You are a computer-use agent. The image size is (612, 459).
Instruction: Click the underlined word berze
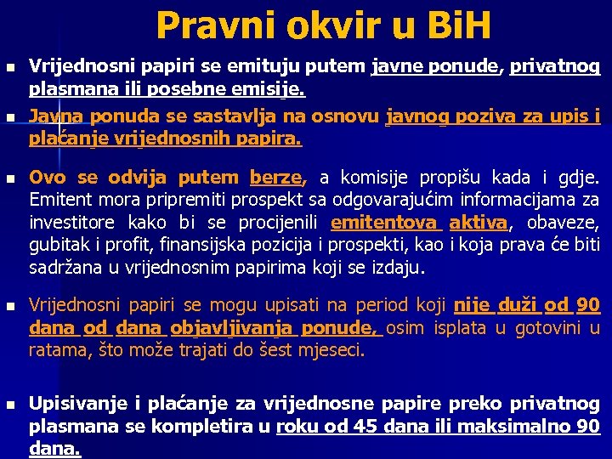(275, 178)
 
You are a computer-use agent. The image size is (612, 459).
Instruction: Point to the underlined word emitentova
(385, 224)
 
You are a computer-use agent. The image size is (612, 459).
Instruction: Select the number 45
(366, 427)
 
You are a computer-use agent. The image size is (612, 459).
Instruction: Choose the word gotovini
(537, 327)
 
